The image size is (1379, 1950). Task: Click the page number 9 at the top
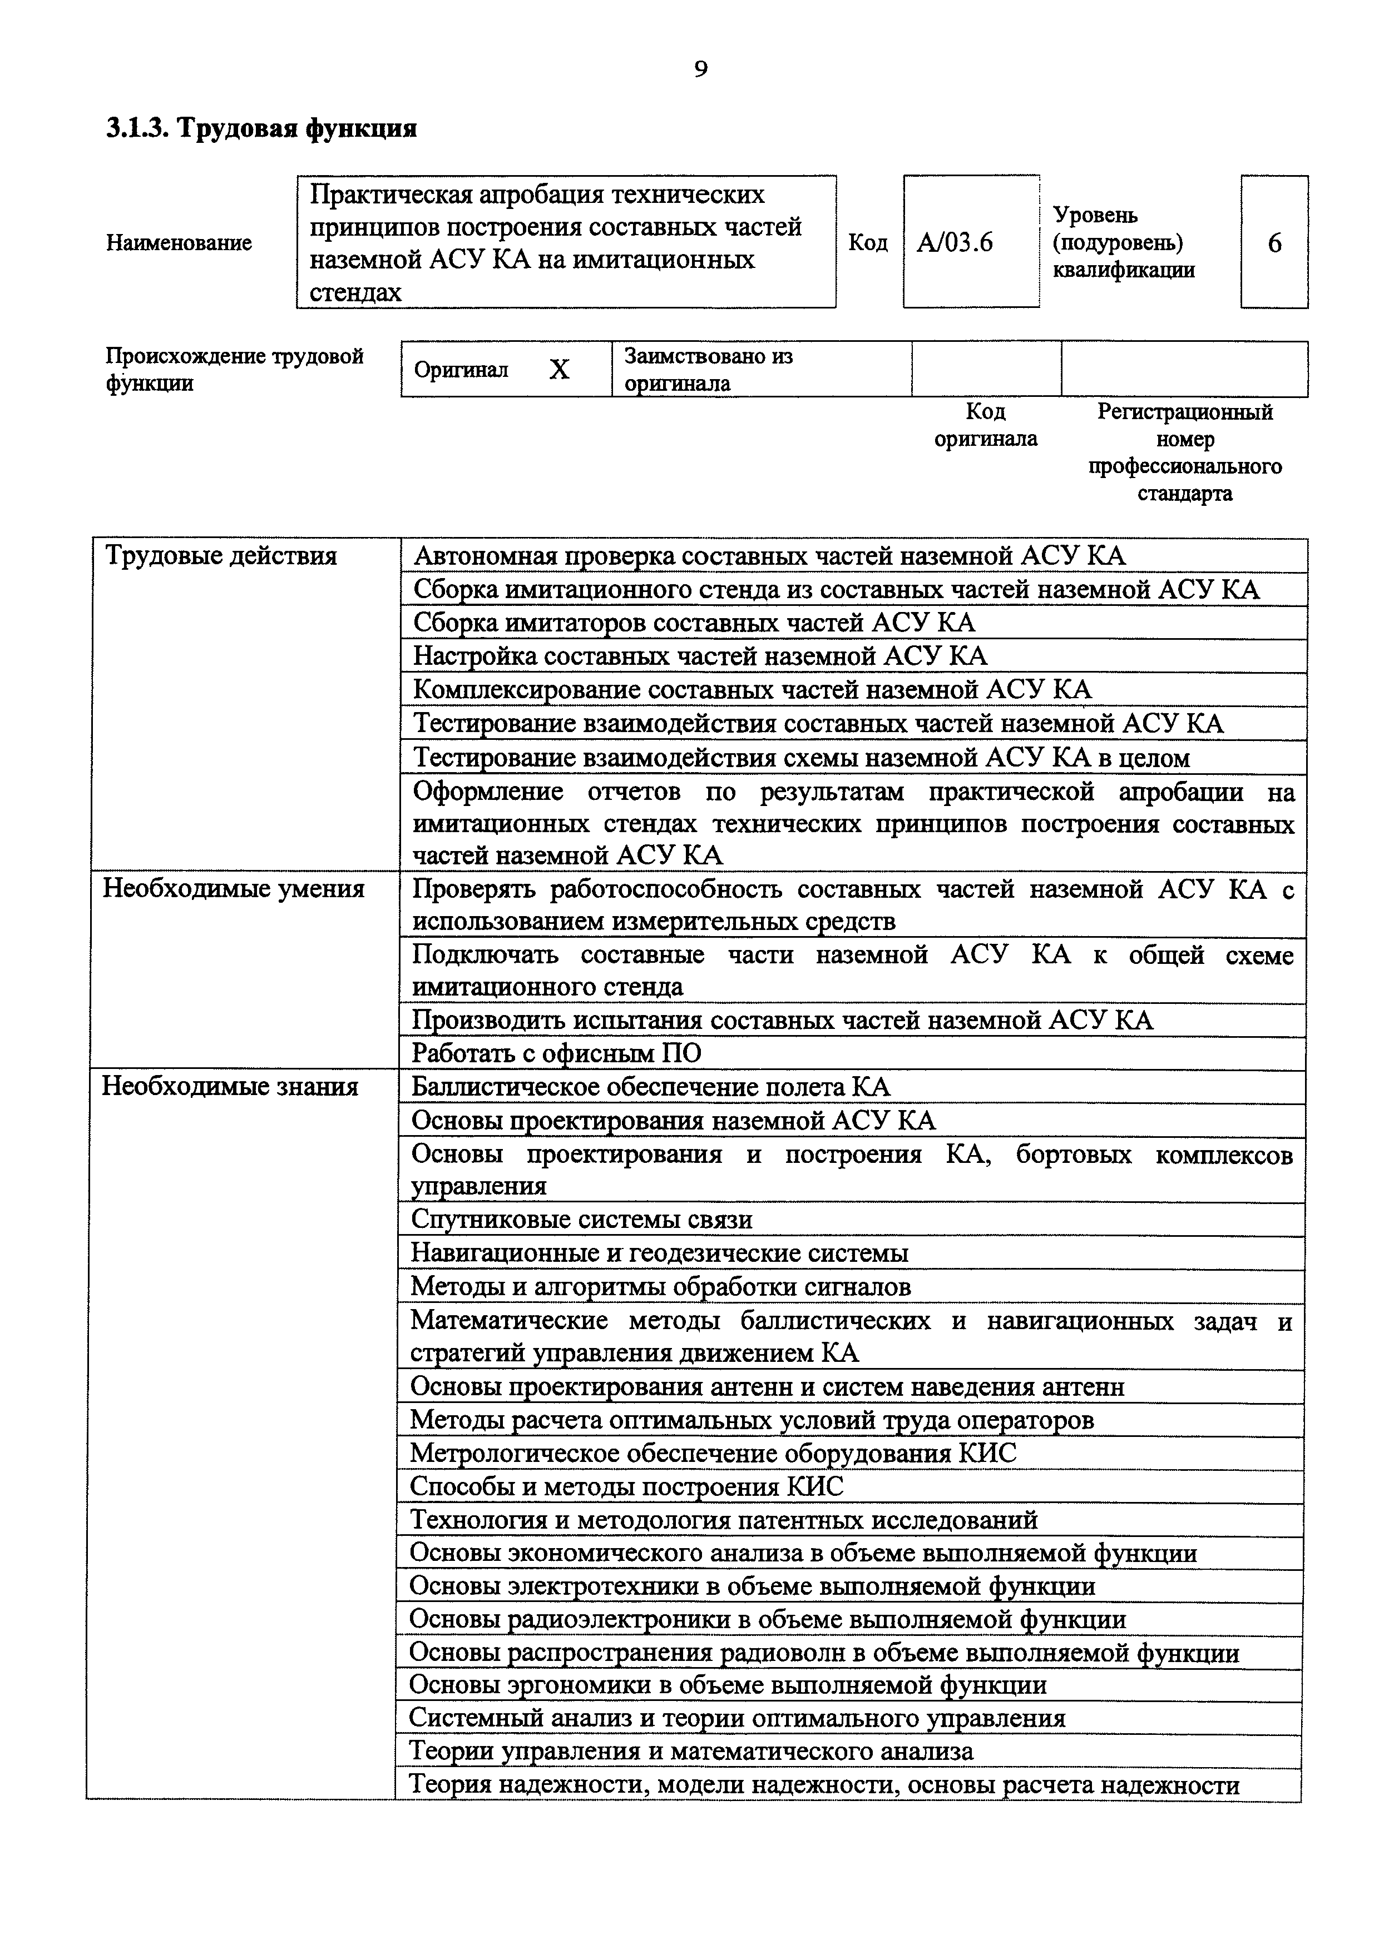point(700,69)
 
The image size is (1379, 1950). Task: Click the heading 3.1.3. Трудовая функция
point(261,128)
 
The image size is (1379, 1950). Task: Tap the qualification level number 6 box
point(1274,243)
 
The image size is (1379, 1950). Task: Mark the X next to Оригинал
point(558,370)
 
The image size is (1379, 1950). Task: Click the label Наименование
point(179,243)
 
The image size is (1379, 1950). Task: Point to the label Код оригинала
point(986,425)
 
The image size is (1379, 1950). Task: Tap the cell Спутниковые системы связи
point(581,1220)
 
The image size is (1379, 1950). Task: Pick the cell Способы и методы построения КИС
point(626,1486)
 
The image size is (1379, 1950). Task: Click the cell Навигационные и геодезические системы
point(659,1253)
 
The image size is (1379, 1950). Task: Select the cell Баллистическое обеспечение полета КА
point(651,1087)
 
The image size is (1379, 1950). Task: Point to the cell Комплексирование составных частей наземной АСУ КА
point(752,690)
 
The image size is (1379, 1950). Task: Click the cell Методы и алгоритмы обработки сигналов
point(660,1287)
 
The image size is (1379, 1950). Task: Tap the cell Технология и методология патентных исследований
point(723,1519)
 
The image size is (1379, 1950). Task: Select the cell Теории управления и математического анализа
point(691,1751)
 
